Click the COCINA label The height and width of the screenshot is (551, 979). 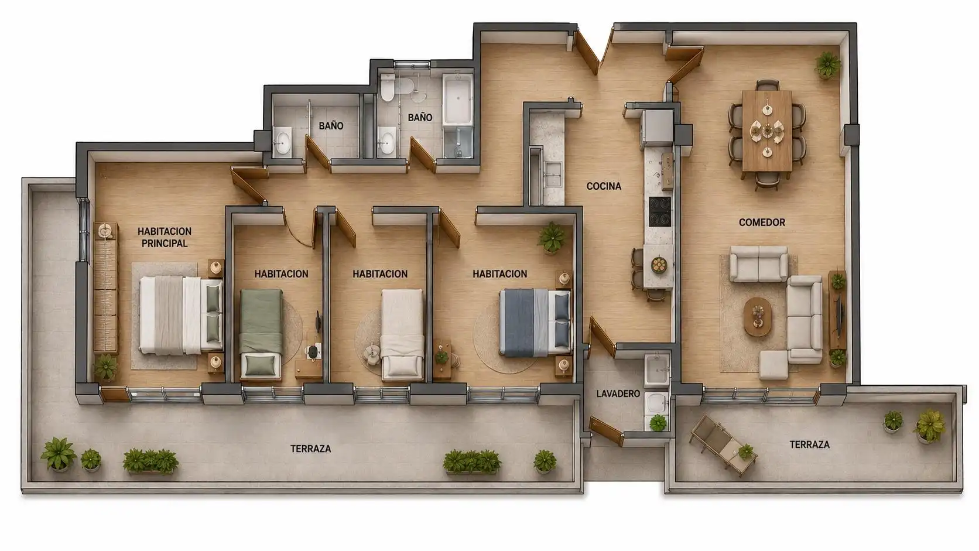[604, 186]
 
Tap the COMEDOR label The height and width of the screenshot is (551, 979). [762, 223]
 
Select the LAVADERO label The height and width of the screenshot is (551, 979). [618, 393]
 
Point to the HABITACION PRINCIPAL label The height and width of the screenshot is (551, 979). [165, 237]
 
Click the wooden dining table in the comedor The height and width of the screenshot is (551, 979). [767, 130]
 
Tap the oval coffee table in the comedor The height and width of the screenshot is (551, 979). [758, 317]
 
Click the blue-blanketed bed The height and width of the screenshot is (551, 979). [535, 322]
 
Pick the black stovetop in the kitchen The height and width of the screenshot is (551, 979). [659, 211]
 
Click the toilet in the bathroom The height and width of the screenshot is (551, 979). [387, 87]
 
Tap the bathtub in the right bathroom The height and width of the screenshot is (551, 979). [458, 100]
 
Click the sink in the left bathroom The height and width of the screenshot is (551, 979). [283, 141]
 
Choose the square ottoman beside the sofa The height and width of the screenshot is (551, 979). [773, 364]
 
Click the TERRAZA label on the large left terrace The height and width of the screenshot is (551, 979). [311, 449]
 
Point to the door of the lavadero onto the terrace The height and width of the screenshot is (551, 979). [606, 430]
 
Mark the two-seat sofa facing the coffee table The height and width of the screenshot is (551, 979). [759, 264]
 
